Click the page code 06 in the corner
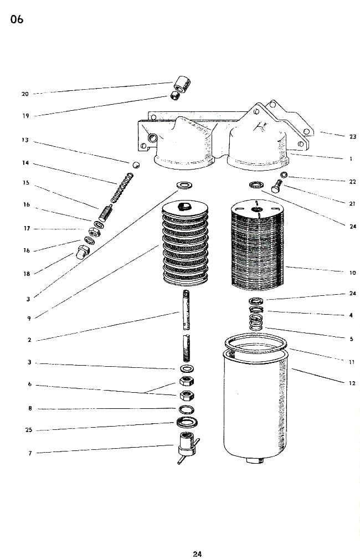pos(17,20)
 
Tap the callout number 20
pos(25,94)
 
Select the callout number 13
pos(25,140)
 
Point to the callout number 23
pos(353,136)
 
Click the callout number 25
pos(29,430)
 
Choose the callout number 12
pos(352,383)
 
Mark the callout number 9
pos(29,318)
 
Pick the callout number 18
pos(26,273)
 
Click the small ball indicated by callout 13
pos(135,165)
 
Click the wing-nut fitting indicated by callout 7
pos(187,447)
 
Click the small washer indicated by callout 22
pos(284,176)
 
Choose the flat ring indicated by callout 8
pos(187,410)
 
